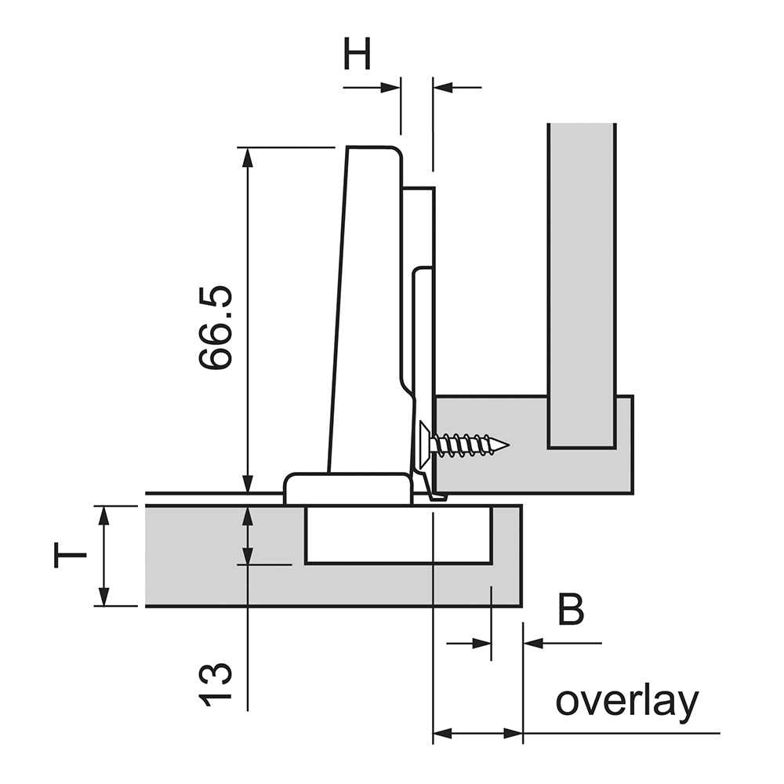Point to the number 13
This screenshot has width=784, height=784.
[x=216, y=684]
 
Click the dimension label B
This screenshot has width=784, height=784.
[x=571, y=610]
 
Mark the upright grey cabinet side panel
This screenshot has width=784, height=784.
[x=582, y=282]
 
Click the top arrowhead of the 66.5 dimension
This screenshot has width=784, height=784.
[x=248, y=157]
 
